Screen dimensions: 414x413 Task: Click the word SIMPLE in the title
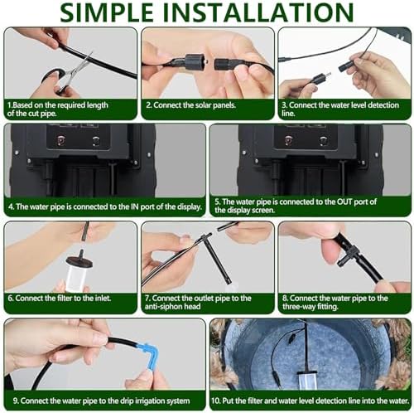[107, 12]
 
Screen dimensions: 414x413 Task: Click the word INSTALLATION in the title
[258, 12]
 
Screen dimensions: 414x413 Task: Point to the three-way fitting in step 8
[349, 256]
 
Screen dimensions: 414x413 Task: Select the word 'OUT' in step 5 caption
[344, 202]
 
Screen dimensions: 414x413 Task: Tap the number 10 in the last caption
[215, 401]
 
